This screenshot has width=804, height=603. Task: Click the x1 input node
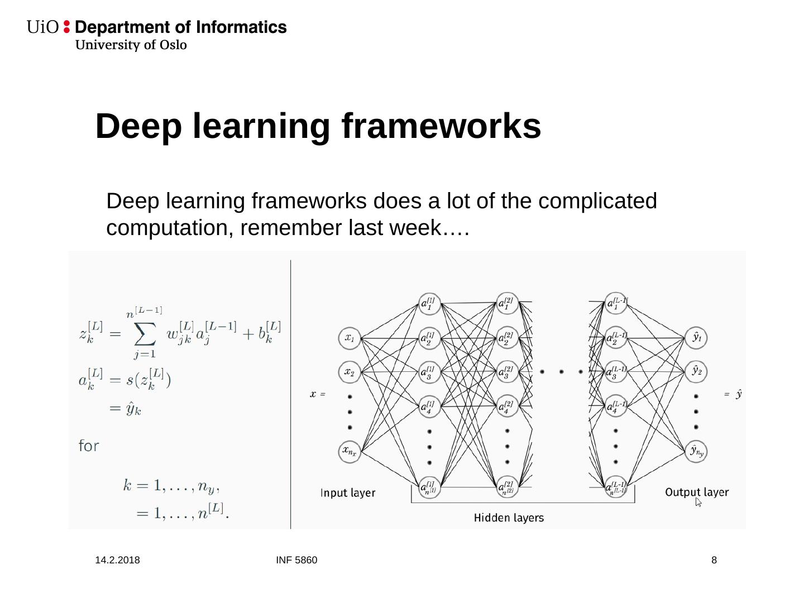coord(350,338)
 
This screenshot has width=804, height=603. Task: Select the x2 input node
coord(350,372)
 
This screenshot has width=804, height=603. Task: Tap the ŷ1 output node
coord(696,337)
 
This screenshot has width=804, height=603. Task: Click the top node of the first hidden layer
coord(429,304)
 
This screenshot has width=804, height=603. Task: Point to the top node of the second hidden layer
coord(507,303)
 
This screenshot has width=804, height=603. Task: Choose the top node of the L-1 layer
coord(615,303)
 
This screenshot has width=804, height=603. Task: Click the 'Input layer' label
coord(348,493)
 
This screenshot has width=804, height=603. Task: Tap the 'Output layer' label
coord(697,492)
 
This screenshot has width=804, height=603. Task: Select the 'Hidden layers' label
coord(509,518)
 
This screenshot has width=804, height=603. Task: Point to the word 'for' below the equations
coord(89,446)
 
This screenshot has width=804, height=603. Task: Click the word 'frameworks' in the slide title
coord(441,126)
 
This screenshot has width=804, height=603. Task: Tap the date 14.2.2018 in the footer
coord(117,560)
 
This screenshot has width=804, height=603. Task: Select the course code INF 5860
coord(296,560)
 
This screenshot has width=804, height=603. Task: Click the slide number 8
coord(714,560)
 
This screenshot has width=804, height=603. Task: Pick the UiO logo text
coord(42,27)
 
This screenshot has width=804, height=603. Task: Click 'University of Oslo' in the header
coord(131,45)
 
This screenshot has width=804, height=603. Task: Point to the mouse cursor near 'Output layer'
coord(698,501)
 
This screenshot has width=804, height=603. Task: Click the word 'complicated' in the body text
coord(597,201)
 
